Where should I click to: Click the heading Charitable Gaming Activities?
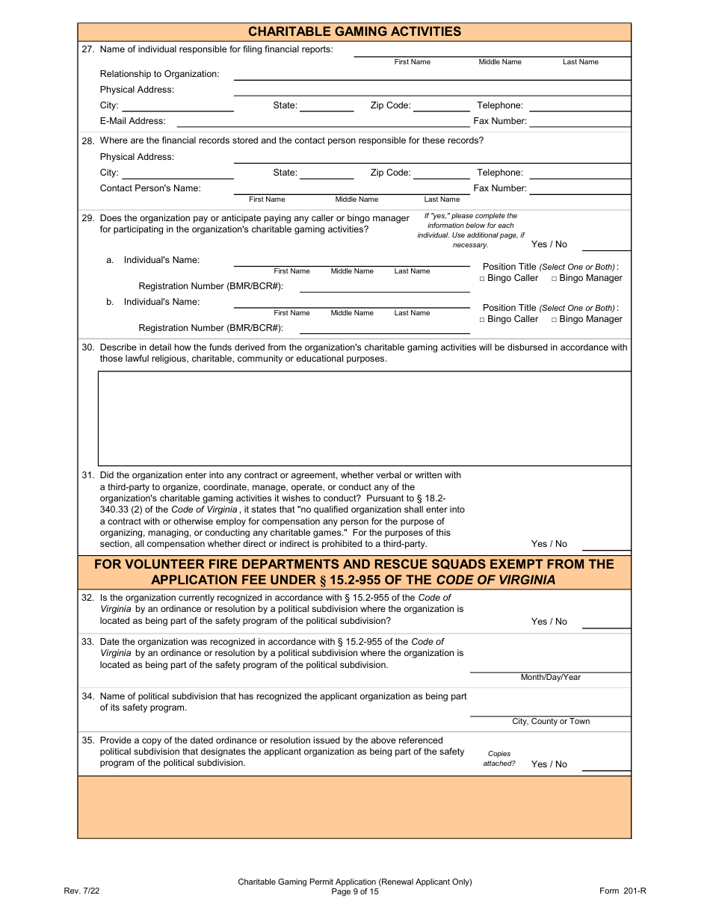354,31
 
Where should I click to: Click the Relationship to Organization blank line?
432,75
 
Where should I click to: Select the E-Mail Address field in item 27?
323,121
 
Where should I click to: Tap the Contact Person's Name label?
150,188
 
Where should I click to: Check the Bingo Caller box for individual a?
482,279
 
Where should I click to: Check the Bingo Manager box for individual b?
555,320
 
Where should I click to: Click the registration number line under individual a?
384,287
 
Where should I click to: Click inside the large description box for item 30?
364,418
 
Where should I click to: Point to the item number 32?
87,598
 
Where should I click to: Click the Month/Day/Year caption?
550,678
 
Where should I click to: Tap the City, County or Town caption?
550,722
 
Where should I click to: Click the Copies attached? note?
498,759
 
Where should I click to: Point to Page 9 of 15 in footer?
355,891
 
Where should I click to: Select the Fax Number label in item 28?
499,188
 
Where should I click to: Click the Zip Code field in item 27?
441,106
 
